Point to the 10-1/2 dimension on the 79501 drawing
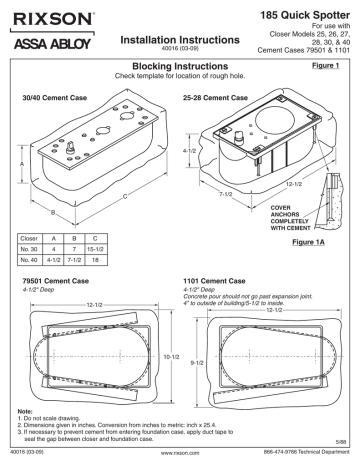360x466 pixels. click(163, 357)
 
